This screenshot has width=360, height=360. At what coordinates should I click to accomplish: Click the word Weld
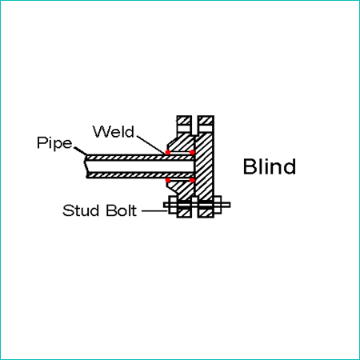pos(114,131)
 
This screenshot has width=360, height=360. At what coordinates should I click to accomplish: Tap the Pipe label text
pos(54,143)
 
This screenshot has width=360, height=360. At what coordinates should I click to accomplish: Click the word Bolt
pos(122,210)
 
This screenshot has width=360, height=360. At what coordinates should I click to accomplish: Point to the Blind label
pos(270,166)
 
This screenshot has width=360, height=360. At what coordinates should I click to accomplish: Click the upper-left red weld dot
pos(168,152)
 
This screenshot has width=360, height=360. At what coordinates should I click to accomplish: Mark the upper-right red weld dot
pos(192,152)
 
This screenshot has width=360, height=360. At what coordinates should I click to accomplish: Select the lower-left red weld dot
pos(168,180)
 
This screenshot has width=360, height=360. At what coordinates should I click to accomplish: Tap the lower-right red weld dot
pos(192,180)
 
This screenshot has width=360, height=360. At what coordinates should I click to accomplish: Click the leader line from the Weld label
pos(151,144)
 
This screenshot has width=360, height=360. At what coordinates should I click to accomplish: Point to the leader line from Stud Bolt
pos(154,211)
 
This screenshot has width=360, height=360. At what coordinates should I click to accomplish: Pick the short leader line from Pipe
pos(80,150)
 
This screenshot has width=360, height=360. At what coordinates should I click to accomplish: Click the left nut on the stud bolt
pos(173,205)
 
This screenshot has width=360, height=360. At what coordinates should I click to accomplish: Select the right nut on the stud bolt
pos(218,205)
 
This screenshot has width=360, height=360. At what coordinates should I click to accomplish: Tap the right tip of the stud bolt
pos(230,205)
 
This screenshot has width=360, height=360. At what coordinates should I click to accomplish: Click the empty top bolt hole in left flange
pos(184,129)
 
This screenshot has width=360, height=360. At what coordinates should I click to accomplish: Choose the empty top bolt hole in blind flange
pos(206,129)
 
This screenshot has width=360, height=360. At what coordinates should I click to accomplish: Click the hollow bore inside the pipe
pos(139,166)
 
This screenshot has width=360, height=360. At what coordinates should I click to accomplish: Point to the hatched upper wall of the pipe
pos(140,158)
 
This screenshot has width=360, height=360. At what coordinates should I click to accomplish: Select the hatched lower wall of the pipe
pos(140,175)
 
